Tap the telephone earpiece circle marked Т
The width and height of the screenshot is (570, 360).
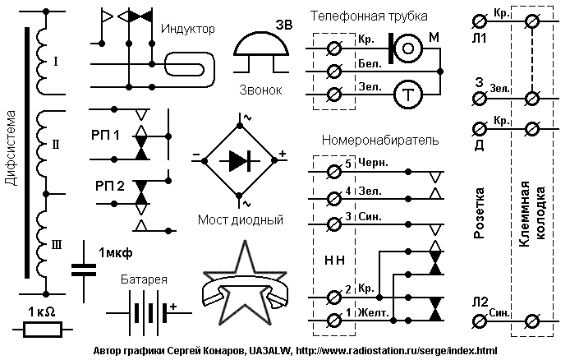coord(408,95)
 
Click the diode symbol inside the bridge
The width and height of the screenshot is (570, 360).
coord(240,161)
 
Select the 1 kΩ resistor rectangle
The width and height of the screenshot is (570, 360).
coord(43,330)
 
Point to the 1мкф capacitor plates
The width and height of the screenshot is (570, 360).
coord(84,270)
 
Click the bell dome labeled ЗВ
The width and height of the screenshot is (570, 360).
coord(261,43)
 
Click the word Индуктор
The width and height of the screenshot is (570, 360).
coord(188,29)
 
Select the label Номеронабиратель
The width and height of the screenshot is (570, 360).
coord(380,140)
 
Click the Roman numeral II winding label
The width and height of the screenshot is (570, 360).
coord(56,145)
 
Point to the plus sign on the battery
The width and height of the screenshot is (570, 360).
coord(173,307)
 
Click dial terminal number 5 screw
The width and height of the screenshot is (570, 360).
coord(334,171)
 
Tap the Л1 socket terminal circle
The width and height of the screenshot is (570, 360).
coord(480,21)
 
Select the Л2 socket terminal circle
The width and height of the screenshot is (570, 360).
coord(480,321)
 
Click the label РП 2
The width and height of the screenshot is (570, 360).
coord(110,186)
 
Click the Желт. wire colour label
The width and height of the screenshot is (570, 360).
coord(374,312)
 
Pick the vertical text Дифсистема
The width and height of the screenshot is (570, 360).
coord(11,148)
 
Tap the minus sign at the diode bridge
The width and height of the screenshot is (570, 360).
coord(196,155)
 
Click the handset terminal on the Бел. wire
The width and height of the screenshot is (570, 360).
coord(334,72)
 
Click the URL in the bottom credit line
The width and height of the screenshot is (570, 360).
coord(397,351)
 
